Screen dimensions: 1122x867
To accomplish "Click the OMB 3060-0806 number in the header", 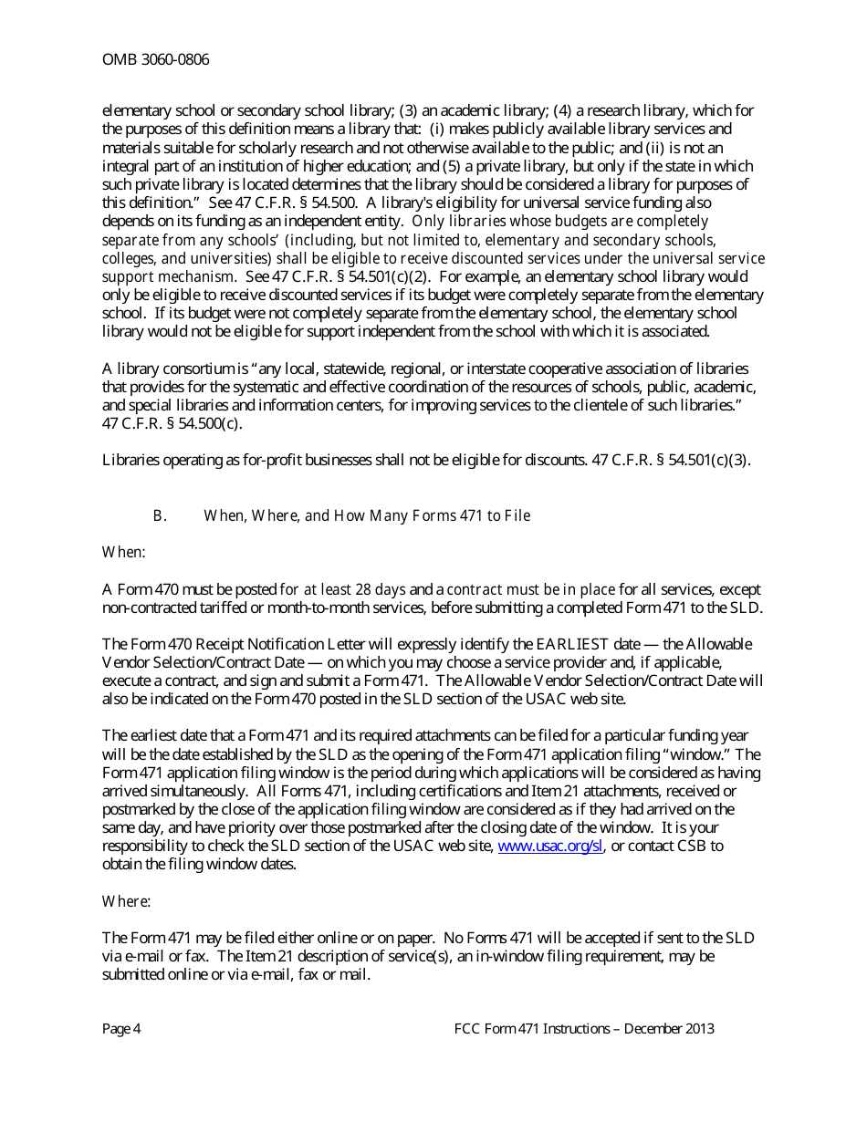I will [x=155, y=60].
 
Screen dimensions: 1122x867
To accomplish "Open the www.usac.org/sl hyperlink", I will [x=550, y=846].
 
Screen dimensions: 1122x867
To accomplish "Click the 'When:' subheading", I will [x=124, y=552].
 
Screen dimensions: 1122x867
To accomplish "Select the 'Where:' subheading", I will [x=126, y=901].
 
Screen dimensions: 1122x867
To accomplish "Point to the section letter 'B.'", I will [x=160, y=516].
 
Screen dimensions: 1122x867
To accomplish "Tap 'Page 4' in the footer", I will [x=121, y=1029].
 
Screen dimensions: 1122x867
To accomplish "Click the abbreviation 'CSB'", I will [x=691, y=846].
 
